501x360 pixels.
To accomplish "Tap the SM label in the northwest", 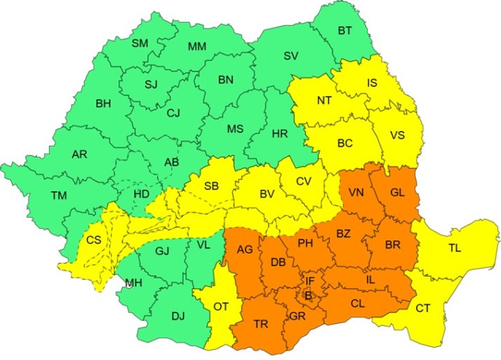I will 140,43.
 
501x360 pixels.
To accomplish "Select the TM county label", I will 58,195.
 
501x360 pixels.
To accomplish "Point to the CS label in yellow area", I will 94,240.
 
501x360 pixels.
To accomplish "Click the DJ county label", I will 178,316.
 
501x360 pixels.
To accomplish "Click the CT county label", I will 423,307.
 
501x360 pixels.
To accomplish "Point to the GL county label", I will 397,192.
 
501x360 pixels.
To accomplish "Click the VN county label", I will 356,192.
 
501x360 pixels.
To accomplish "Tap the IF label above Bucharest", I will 310,281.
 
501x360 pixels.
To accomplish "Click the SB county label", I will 211,186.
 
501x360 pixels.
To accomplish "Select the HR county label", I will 279,132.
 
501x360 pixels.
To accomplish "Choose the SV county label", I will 291,56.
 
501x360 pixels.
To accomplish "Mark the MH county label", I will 135,284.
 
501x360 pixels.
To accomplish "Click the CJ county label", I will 173,112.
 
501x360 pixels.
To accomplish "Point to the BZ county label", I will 344,233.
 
